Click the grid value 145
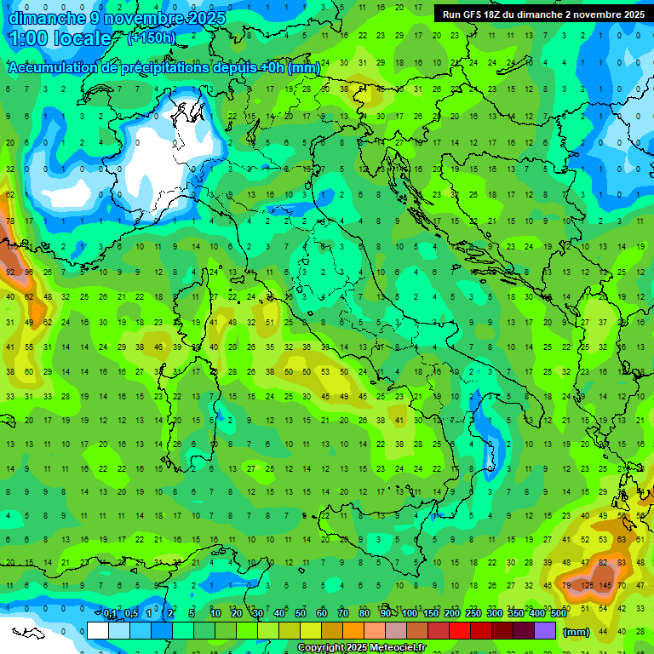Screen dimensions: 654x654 click(606, 585)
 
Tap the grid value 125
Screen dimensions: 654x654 click(587, 585)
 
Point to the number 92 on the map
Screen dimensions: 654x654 click(10, 272)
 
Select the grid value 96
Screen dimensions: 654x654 click(29, 272)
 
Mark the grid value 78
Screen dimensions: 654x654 click(10, 221)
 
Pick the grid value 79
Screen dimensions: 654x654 click(567, 585)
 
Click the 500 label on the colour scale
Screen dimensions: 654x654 click(558, 613)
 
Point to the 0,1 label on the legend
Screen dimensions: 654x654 click(110, 613)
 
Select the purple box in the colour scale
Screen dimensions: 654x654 click(545, 630)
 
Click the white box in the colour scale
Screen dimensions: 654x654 click(98, 630)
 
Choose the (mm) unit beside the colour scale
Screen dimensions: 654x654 click(577, 632)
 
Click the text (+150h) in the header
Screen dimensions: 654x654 click(152, 37)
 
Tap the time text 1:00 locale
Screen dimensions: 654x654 click(60, 38)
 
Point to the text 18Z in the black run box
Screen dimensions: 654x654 click(492, 14)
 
